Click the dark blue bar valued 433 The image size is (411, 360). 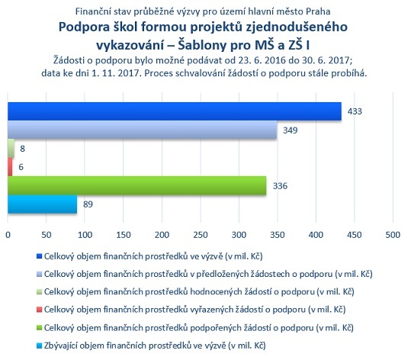point(175,111)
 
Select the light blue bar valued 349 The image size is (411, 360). point(143,130)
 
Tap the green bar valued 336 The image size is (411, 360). point(137,185)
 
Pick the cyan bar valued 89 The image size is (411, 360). point(43,204)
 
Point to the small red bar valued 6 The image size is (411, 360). point(10,167)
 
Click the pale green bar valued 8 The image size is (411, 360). point(11,149)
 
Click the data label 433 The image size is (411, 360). point(355,111)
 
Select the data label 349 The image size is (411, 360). point(291,130)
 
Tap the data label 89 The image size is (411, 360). point(88,204)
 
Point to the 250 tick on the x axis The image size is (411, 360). point(201,235)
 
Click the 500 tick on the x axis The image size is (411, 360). point(393,235)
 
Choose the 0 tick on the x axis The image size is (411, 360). point(8,235)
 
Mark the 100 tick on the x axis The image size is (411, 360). point(85,235)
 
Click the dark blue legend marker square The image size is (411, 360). point(40,256)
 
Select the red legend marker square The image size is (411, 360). point(40,310)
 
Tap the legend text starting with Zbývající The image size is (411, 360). point(155,346)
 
